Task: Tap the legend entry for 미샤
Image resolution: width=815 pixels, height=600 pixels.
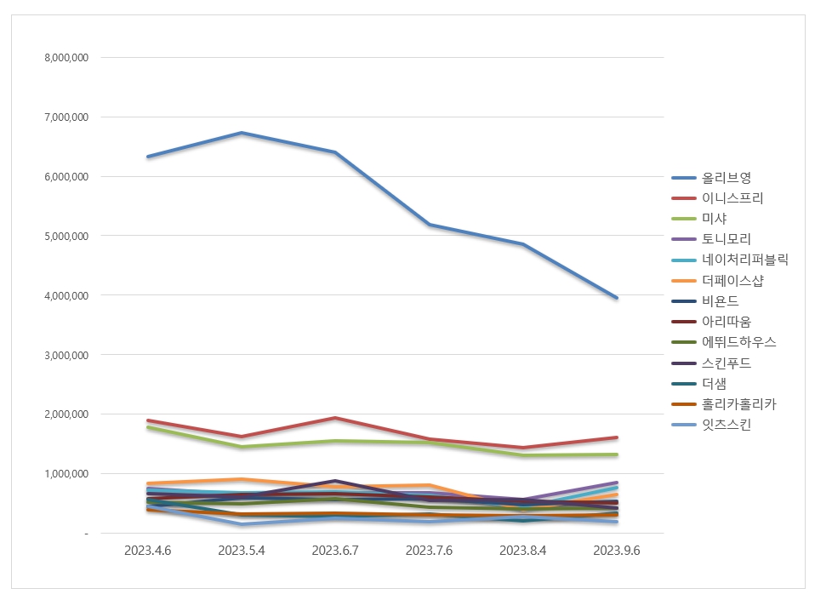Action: pyautogui.click(x=714, y=219)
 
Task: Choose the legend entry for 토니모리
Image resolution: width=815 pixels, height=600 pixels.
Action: pyautogui.click(x=726, y=239)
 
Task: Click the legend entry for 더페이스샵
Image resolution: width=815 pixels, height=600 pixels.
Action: pyautogui.click(x=732, y=280)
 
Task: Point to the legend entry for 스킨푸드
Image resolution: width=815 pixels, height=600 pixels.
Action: pyautogui.click(x=726, y=363)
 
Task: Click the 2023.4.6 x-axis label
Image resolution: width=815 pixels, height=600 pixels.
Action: pyautogui.click(x=147, y=551)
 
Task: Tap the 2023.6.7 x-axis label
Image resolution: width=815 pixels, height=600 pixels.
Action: pyautogui.click(x=335, y=551)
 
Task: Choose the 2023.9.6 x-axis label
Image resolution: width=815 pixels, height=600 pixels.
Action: pyautogui.click(x=616, y=551)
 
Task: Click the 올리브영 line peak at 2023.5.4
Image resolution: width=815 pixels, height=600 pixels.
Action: pyautogui.click(x=242, y=133)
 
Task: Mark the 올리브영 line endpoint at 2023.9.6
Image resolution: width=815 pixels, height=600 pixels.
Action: pyautogui.click(x=616, y=298)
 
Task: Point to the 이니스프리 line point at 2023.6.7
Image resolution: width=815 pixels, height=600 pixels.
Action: pyautogui.click(x=335, y=418)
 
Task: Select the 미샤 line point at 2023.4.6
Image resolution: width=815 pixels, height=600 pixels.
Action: pyautogui.click(x=147, y=427)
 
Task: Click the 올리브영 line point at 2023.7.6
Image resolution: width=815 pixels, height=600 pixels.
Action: pyautogui.click(x=429, y=225)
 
